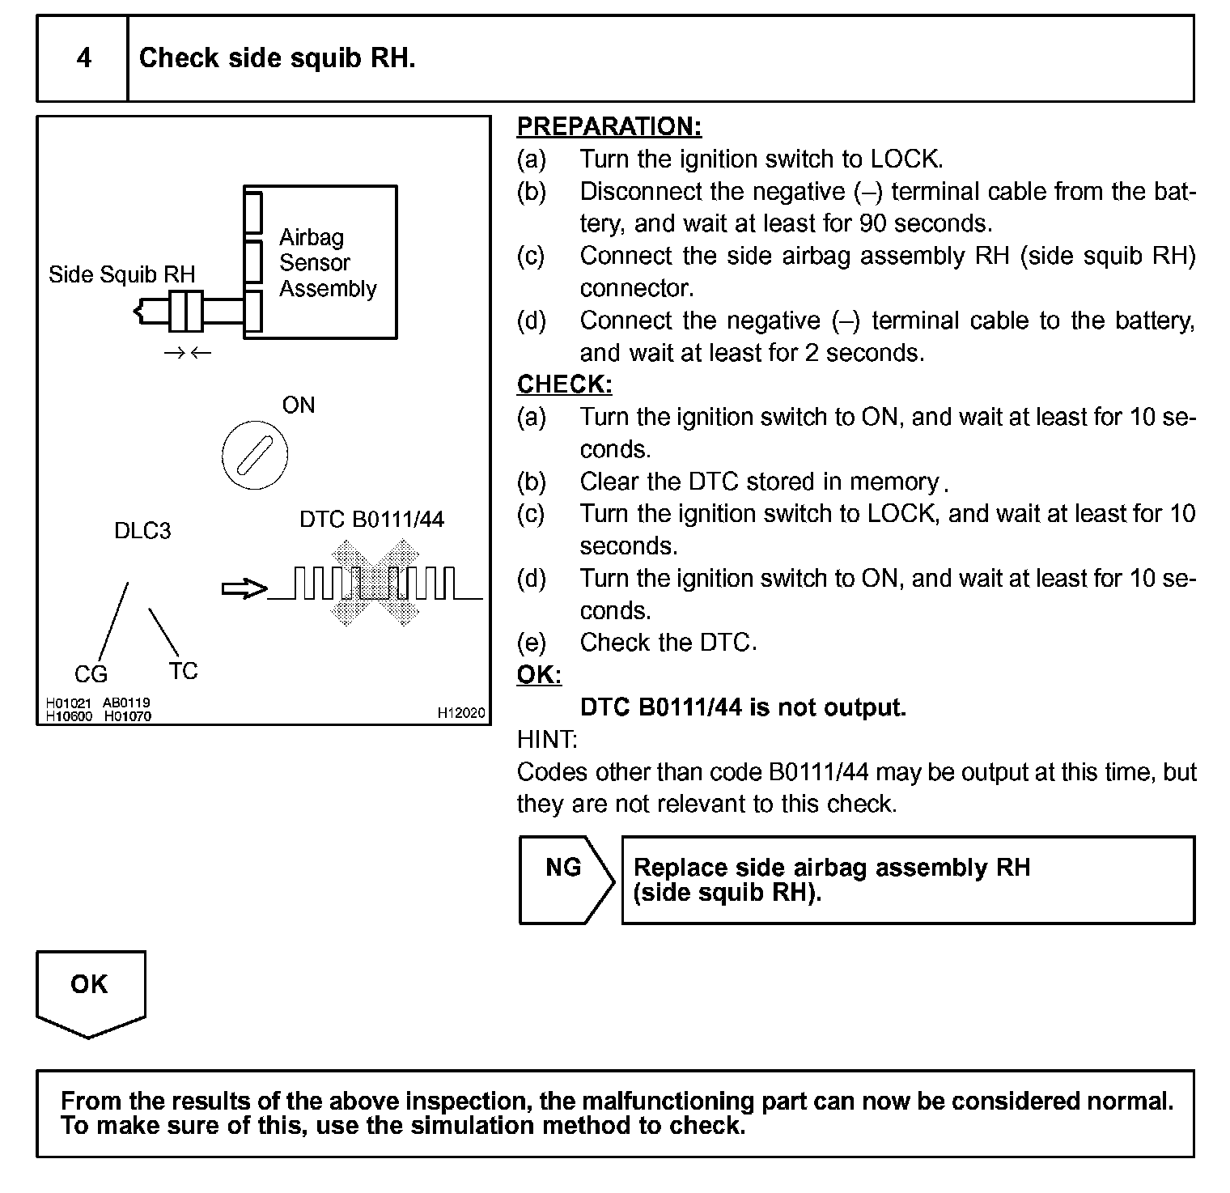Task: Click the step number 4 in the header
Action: click(83, 58)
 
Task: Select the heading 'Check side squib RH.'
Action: click(277, 58)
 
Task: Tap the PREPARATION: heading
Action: click(609, 126)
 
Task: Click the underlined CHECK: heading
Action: click(564, 384)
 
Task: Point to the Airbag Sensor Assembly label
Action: click(327, 263)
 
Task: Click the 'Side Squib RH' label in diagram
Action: click(121, 274)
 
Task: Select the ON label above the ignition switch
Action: click(299, 405)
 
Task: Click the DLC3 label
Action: click(142, 531)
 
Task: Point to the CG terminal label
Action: click(91, 674)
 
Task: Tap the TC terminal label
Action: click(183, 671)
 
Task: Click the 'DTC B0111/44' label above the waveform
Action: click(371, 519)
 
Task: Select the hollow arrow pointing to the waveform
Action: click(244, 589)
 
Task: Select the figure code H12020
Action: click(461, 712)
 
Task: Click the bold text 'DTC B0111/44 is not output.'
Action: click(743, 707)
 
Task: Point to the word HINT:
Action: click(546, 739)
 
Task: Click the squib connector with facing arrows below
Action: click(186, 312)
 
